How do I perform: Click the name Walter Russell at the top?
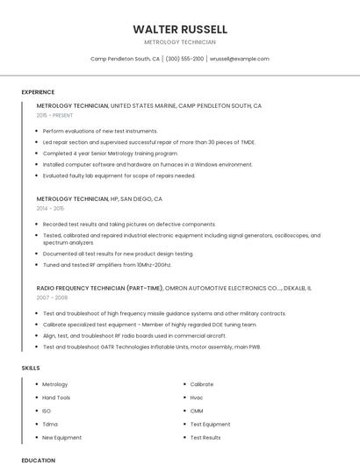point(180,29)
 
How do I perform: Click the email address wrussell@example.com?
point(239,59)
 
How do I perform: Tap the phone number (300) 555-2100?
point(184,59)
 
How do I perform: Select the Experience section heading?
point(38,92)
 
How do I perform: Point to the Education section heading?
point(38,460)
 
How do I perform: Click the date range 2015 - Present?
point(54,115)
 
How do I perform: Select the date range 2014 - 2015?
point(50,209)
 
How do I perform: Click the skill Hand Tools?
point(56,397)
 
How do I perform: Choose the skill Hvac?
point(197,397)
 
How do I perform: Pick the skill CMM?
point(197,411)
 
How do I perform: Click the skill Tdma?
point(49,424)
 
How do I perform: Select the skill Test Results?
point(205,437)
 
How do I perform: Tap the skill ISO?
point(47,411)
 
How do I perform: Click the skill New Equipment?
point(61,437)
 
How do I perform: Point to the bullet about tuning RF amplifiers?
point(107,264)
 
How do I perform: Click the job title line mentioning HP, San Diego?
point(99,199)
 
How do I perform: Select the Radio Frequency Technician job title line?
point(174,288)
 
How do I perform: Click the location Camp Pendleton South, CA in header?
point(125,59)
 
